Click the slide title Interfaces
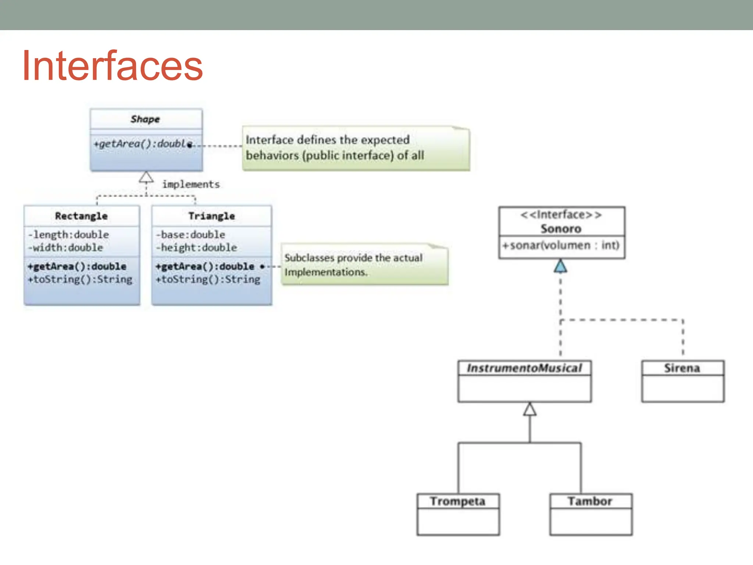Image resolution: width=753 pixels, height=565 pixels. pyautogui.click(x=112, y=66)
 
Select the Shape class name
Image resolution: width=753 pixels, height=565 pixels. pyautogui.click(x=145, y=119)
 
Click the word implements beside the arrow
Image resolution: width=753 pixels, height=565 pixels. pyautogui.click(x=191, y=184)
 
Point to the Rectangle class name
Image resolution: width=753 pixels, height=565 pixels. pyautogui.click(x=81, y=216)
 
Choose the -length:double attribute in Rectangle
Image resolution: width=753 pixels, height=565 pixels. pyautogui.click(x=68, y=234)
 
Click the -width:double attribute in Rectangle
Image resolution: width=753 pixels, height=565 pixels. pyautogui.click(x=65, y=248)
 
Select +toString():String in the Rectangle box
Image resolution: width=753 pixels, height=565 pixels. pyautogui.click(x=80, y=280)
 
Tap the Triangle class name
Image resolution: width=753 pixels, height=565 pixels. pyautogui.click(x=211, y=216)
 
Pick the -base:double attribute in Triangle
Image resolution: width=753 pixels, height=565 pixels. pyautogui.click(x=190, y=234)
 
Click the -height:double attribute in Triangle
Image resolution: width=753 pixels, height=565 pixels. pyautogui.click(x=196, y=248)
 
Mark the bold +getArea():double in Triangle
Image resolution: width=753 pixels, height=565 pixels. pyautogui.click(x=205, y=266)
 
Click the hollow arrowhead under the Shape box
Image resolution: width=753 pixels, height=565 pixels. pyautogui.click(x=146, y=178)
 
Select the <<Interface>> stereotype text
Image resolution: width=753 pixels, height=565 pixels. pyautogui.click(x=561, y=215)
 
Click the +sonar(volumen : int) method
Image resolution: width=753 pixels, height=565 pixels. pyautogui.click(x=561, y=245)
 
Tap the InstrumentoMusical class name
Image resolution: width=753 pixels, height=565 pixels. pyautogui.click(x=524, y=368)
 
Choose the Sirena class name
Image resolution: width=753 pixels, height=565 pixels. pyautogui.click(x=682, y=368)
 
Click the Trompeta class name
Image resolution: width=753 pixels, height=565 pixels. pyautogui.click(x=458, y=501)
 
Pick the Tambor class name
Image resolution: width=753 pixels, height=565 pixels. pyautogui.click(x=590, y=501)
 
